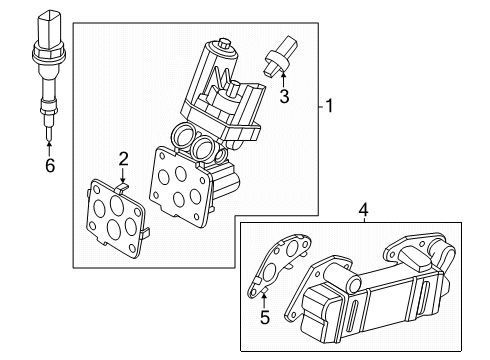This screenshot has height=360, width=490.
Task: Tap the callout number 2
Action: coord(124,158)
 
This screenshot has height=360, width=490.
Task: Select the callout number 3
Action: coord(283,97)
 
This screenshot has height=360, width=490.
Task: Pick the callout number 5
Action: coord(265,318)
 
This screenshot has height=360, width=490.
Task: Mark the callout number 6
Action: coord(48,166)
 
